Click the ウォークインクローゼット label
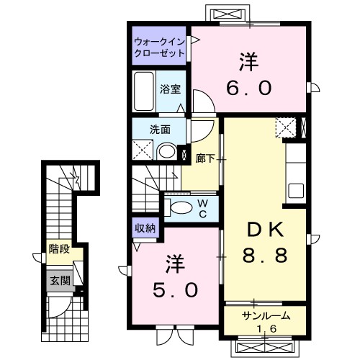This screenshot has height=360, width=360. pos(159,48)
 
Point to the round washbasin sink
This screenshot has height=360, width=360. pos(167,151)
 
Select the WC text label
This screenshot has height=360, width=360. pos(203,209)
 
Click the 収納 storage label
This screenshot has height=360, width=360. pos(145,228)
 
